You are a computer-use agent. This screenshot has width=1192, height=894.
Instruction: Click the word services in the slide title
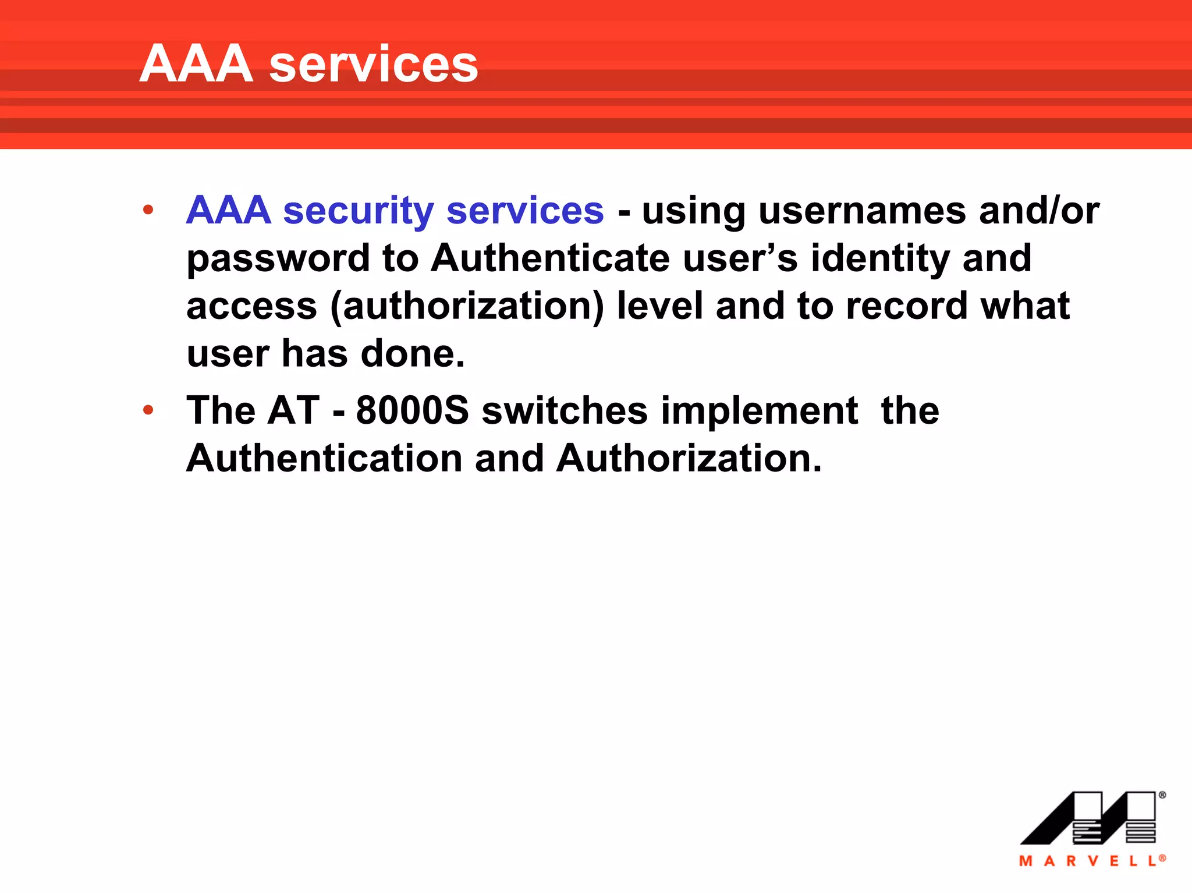click(373, 65)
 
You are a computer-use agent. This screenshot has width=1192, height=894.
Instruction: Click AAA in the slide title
click(196, 64)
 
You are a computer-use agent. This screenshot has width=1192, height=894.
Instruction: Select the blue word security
click(358, 211)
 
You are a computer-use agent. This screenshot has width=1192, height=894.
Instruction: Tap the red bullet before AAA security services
click(148, 210)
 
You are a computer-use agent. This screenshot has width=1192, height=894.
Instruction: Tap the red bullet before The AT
click(148, 410)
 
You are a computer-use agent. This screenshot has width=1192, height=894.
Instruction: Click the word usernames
click(862, 211)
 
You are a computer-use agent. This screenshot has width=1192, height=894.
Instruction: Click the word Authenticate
click(550, 258)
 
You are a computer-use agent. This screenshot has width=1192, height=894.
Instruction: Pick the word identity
click(879, 258)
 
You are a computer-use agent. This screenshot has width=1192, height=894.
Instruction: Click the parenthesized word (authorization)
click(467, 307)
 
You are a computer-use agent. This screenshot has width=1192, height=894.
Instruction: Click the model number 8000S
click(412, 411)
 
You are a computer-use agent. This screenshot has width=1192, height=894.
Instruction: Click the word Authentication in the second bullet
click(324, 459)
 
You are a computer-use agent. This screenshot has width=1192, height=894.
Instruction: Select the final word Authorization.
click(689, 459)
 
